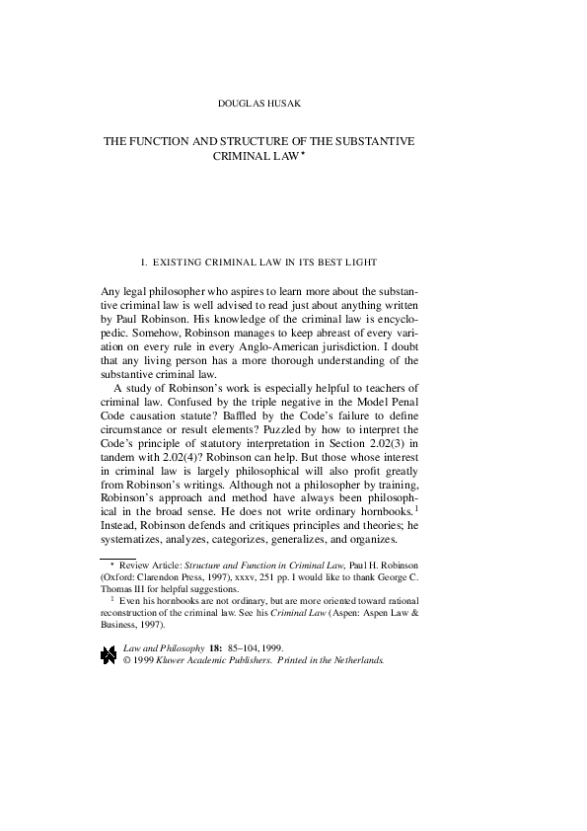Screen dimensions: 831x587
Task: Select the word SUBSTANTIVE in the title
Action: click(x=379, y=141)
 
